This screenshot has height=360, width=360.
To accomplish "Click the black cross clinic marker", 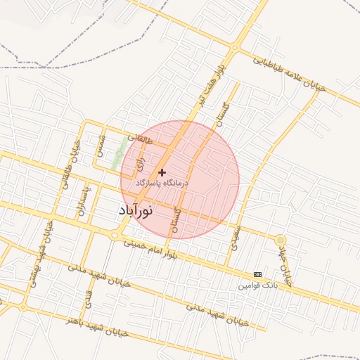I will click(162, 172).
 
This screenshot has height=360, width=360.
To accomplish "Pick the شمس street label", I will click(103, 146).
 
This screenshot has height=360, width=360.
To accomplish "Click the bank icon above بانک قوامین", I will click(257, 274).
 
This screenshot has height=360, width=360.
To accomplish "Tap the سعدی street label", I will click(234, 237).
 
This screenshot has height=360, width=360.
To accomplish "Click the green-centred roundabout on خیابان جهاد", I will click(280, 240).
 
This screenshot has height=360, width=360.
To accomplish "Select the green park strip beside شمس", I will click(119, 153).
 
